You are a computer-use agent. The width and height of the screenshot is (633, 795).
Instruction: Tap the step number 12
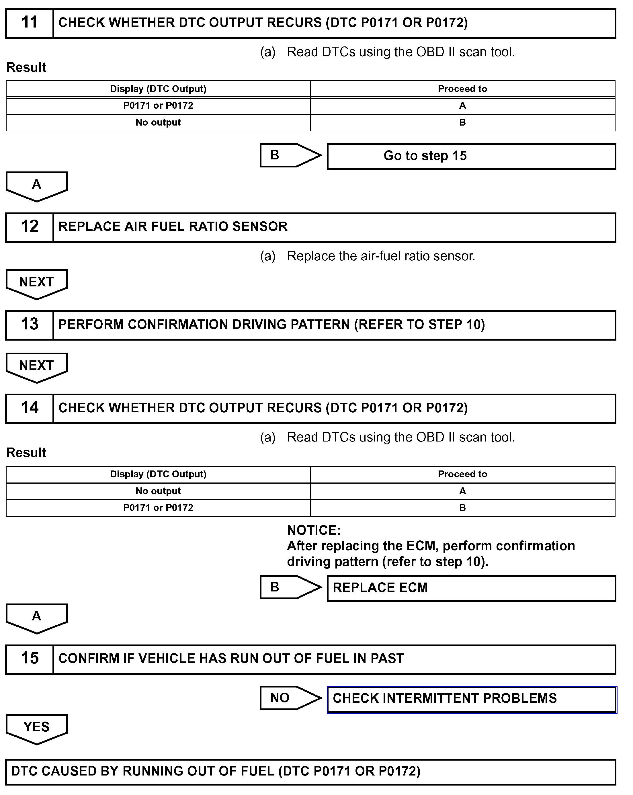pos(30,227)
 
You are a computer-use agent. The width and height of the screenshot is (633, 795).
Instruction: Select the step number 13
pos(30,325)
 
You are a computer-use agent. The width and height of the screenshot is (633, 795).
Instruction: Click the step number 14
pos(30,408)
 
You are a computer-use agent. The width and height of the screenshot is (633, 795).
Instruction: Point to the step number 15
pos(30,659)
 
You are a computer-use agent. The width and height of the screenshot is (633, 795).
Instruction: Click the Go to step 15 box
pos(471,156)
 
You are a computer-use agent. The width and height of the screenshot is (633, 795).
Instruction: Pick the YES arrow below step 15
pos(36,728)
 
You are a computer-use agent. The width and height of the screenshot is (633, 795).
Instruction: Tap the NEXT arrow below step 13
pos(36,366)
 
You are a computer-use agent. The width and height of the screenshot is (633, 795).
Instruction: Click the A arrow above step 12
pos(36,185)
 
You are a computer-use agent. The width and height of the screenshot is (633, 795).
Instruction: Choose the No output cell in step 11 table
pos(158,122)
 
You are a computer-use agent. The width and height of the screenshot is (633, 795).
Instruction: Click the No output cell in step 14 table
pos(158,491)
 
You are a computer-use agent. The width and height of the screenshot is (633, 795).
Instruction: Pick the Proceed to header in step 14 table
pos(462,474)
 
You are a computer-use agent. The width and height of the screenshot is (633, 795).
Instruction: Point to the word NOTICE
pos(314,530)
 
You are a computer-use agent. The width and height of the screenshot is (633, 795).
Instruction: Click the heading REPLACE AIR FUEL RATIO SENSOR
pos(173,227)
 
